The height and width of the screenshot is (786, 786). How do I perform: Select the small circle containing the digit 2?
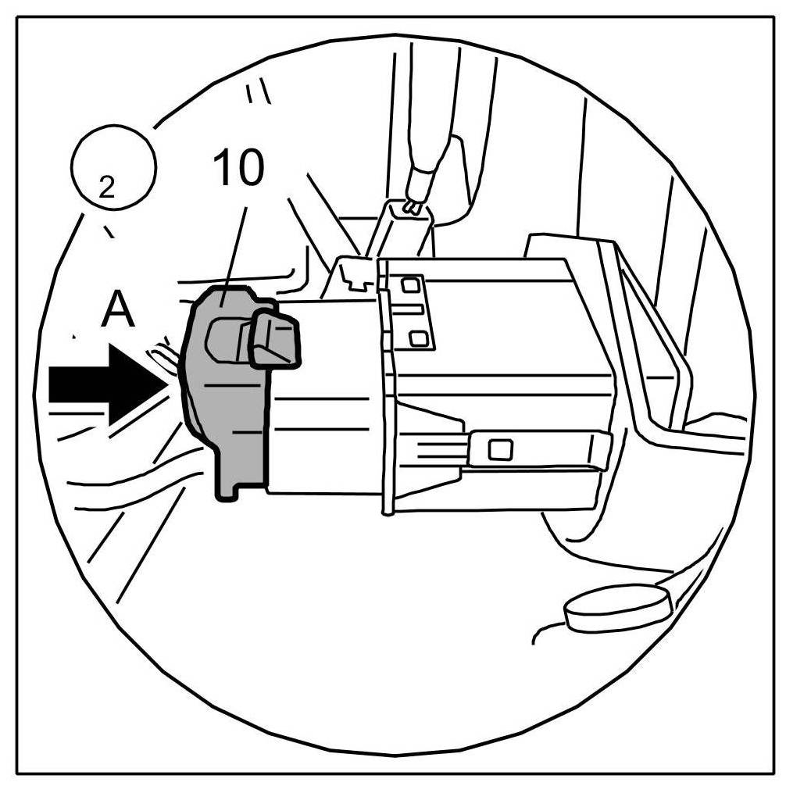(114, 166)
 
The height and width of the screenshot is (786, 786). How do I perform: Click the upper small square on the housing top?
(409, 286)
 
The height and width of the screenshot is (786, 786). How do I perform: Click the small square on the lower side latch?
(498, 449)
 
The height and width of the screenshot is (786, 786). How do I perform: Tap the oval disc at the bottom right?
(617, 609)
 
